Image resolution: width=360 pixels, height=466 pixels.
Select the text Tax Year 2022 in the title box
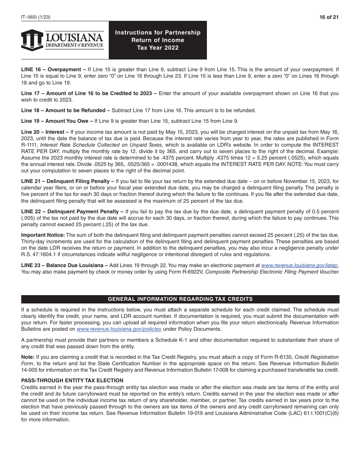point(158,48)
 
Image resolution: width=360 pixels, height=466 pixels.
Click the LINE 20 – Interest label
point(45,132)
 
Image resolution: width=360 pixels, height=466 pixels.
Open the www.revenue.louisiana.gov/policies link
point(119,329)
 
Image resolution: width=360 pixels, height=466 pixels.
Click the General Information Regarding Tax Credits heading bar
point(180,299)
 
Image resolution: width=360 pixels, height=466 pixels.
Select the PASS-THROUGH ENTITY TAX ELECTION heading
point(72,380)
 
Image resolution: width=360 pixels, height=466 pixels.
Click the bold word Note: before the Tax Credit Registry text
point(28,357)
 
